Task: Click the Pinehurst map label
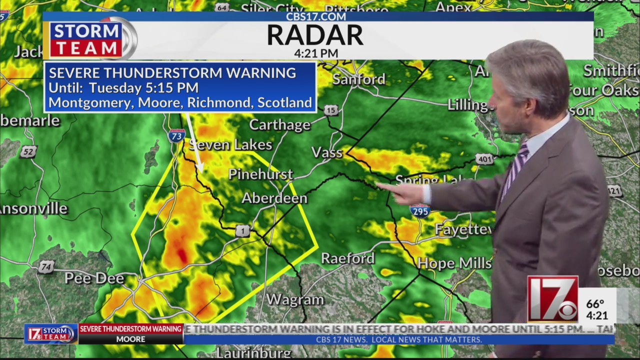[260, 174]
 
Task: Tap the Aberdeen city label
[274, 198]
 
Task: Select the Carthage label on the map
[279, 124]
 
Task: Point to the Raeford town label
[347, 258]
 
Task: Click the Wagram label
[295, 299]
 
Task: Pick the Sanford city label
[358, 79]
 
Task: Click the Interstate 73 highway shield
[176, 135]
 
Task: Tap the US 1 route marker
[242, 230]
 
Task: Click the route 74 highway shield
[45, 267]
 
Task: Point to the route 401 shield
[484, 159]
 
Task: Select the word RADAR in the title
[315, 35]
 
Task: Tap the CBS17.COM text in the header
[315, 16]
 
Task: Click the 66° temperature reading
[595, 304]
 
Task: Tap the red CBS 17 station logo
[552, 299]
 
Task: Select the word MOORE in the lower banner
[130, 339]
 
